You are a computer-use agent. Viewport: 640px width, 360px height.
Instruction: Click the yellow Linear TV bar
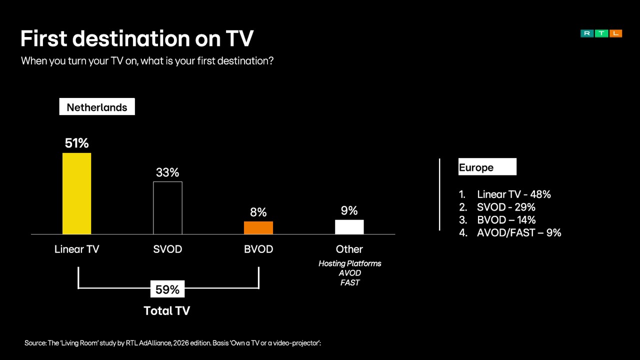[x=76, y=193]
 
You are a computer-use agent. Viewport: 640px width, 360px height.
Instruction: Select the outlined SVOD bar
[x=167, y=208]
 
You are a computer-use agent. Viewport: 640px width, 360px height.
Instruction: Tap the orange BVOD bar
[x=258, y=228]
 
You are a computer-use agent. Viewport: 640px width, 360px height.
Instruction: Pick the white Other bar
[x=349, y=227]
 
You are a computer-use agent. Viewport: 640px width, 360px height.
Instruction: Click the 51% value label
[x=76, y=143]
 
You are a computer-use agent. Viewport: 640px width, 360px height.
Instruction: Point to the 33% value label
[x=167, y=172]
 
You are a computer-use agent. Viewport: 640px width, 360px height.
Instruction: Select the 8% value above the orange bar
[x=258, y=212]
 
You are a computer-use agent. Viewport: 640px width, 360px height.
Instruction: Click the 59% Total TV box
[x=167, y=289]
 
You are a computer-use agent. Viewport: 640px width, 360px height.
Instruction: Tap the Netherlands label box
[x=97, y=107]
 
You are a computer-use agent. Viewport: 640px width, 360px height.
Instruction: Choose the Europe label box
[x=487, y=167]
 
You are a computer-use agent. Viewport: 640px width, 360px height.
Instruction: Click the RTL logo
[x=601, y=33]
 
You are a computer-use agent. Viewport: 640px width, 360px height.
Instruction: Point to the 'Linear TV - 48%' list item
[x=513, y=194]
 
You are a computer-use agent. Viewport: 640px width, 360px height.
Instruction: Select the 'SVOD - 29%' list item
[x=506, y=207]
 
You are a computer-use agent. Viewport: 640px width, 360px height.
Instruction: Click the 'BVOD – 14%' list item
[x=506, y=220]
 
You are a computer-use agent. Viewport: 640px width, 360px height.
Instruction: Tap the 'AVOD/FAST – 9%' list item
[x=518, y=232]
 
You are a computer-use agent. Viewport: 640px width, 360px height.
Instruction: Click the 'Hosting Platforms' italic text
[x=349, y=263]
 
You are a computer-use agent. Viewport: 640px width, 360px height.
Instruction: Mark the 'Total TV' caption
[x=167, y=310]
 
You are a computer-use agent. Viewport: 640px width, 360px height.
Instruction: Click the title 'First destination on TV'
[x=137, y=38]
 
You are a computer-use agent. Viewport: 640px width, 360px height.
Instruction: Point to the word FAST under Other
[x=349, y=282]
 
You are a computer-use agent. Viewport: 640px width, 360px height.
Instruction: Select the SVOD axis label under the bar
[x=167, y=249]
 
